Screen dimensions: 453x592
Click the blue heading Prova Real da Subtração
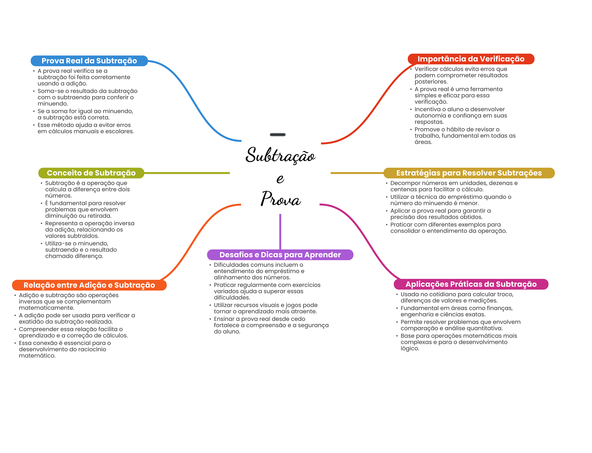tap(89, 61)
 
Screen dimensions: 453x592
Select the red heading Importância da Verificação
tap(471, 59)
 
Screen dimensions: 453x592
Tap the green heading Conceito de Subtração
tap(91, 173)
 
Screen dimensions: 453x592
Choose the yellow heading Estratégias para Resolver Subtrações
tap(469, 173)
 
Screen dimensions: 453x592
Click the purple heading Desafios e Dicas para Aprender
tap(280, 255)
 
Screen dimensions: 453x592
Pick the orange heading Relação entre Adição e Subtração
tap(89, 285)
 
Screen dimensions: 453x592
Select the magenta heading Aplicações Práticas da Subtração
tap(471, 284)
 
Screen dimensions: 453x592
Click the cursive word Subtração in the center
tap(280, 155)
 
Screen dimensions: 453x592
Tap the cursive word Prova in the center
tap(280, 199)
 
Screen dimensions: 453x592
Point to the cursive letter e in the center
tap(280, 179)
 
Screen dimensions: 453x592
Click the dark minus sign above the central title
tap(277, 135)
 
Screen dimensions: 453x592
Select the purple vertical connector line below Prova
tap(280, 231)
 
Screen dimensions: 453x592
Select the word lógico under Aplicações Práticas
tap(409, 348)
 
